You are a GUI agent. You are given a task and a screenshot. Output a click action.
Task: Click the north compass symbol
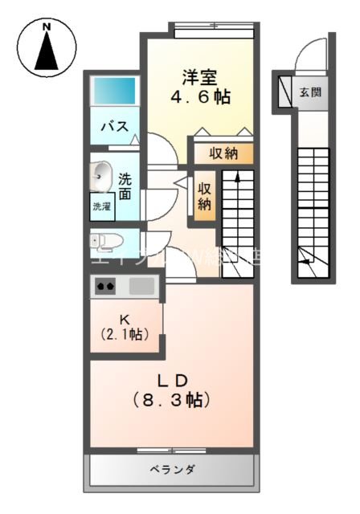tap(46, 46)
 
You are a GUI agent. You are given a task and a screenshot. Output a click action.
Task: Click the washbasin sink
tap(102, 173)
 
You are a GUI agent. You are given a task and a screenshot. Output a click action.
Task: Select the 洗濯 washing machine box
tap(102, 206)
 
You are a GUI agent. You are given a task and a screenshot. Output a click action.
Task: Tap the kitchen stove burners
tap(106, 286)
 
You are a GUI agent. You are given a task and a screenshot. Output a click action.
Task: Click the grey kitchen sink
tap(141, 285)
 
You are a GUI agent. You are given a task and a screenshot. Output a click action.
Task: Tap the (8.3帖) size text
tap(171, 399)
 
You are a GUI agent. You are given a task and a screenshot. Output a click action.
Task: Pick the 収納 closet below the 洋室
tap(224, 153)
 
